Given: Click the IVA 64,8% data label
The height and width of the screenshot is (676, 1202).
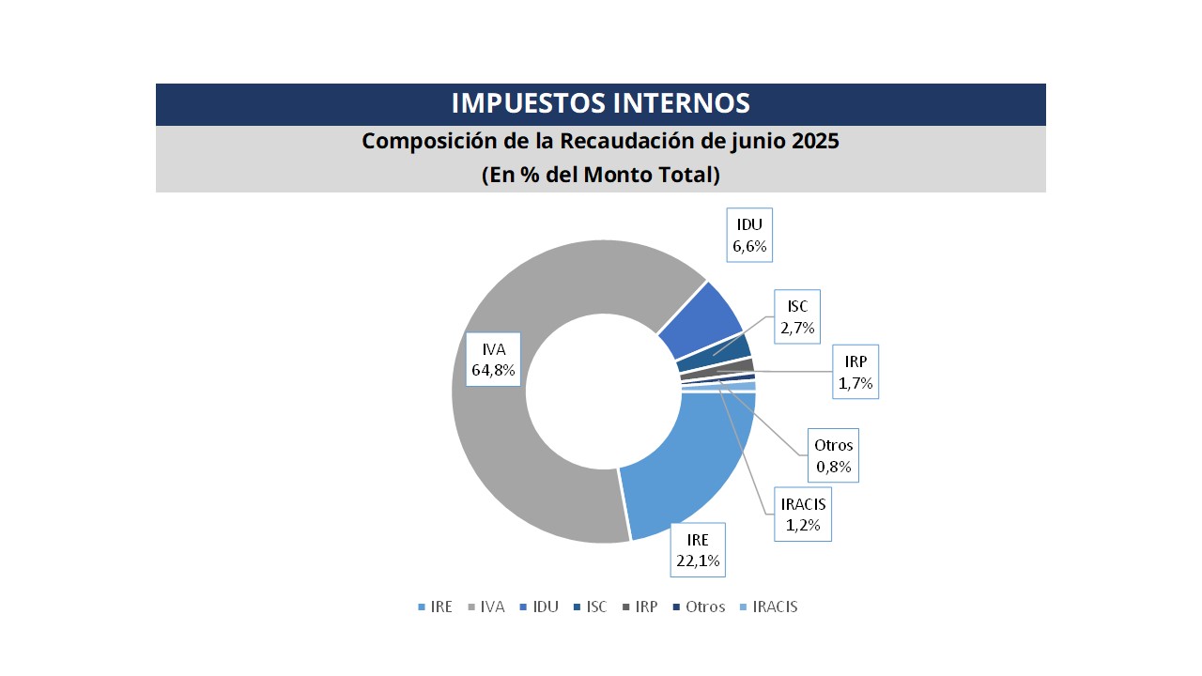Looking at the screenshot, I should tap(494, 359).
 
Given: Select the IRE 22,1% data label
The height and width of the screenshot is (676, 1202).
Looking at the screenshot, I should tap(697, 550).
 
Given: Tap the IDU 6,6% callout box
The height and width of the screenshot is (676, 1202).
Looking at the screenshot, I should tap(749, 236).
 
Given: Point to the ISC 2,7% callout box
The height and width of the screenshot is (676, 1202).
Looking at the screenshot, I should tap(797, 317).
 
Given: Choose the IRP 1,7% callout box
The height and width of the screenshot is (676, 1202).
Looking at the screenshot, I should tap(855, 372).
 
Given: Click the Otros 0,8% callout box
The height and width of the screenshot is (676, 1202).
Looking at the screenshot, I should tap(834, 455).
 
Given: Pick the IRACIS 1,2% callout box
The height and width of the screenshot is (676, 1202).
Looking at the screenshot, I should tap(803, 515).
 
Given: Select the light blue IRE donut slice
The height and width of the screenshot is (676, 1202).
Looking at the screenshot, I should tap(695, 460).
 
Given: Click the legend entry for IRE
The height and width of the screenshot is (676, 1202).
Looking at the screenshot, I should tap(435, 607).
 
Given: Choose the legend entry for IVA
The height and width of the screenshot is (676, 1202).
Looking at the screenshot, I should tap(485, 607).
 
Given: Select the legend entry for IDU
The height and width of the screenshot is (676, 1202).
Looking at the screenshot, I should tap(538, 607).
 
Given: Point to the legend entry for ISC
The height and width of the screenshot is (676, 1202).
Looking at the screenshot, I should tap(589, 607).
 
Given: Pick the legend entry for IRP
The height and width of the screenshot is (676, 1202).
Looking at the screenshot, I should tap(639, 607).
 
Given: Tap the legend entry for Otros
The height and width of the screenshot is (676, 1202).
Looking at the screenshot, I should tap(698, 607).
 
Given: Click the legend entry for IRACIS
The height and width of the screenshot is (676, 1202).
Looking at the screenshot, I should tap(768, 607).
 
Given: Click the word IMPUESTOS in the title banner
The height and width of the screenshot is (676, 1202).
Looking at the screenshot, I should tap(528, 103).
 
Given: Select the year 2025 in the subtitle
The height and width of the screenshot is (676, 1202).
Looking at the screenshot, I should tap(815, 142).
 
